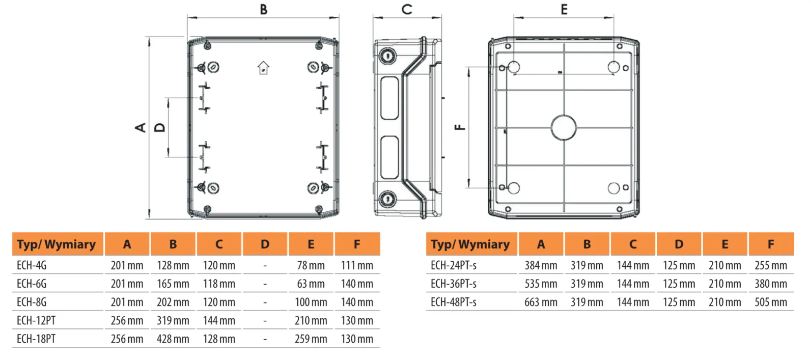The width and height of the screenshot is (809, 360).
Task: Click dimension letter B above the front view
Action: point(264,9)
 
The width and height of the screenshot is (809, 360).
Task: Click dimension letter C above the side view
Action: point(407,9)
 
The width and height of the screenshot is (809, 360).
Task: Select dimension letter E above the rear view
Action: point(564,9)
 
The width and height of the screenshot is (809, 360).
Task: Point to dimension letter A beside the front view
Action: point(141,127)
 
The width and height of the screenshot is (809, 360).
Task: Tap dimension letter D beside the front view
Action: point(160,127)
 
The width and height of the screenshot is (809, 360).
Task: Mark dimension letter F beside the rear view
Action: point(460,127)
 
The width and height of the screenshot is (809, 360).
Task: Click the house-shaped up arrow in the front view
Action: point(263,68)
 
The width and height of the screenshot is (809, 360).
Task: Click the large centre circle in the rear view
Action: point(564,127)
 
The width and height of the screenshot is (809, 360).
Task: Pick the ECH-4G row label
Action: point(32,265)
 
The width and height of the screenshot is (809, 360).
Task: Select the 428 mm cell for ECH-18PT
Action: point(173,339)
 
